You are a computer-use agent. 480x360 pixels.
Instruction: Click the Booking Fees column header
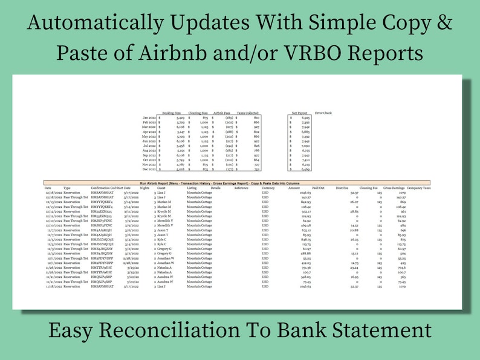click(x=172, y=112)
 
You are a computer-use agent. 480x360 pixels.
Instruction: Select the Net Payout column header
click(x=300, y=112)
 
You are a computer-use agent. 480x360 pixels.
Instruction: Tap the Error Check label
click(x=323, y=112)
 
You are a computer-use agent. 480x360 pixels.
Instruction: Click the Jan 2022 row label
click(x=149, y=118)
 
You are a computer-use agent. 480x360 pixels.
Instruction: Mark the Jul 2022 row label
click(x=149, y=146)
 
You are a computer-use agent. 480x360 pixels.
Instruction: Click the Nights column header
click(x=144, y=188)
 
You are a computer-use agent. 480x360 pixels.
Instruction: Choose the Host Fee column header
click(x=343, y=188)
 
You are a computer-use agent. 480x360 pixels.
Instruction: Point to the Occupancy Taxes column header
click(x=419, y=188)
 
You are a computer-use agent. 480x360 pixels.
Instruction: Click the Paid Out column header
click(x=317, y=188)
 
